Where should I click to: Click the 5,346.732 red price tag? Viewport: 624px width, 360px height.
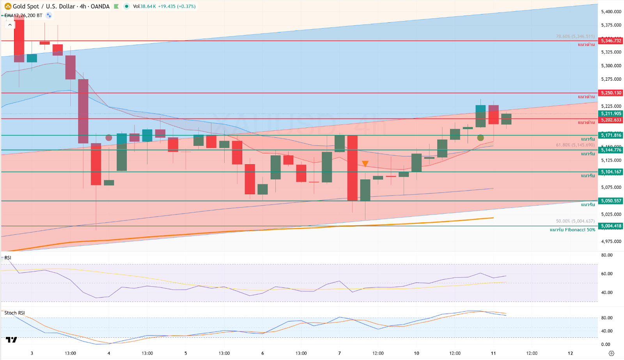[x=611, y=41]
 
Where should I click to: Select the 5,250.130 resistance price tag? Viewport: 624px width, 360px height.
[x=611, y=93]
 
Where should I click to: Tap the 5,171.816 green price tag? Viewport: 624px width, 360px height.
[x=611, y=135]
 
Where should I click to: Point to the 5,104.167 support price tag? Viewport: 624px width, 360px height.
[x=611, y=172]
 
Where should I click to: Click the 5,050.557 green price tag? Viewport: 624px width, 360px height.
[x=611, y=201]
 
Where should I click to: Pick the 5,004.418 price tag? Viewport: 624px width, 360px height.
[x=611, y=226]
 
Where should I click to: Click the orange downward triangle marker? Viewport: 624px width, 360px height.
[x=365, y=164]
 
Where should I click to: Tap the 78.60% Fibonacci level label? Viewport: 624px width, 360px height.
[x=575, y=36]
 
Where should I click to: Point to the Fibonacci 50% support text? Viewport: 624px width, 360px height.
[x=572, y=230]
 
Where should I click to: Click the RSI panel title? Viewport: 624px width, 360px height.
[x=8, y=258]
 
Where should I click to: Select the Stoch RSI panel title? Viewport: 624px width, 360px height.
[x=14, y=313]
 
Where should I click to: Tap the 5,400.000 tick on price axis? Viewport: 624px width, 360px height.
[x=611, y=12]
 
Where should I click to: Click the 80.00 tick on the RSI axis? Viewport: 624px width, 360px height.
[x=607, y=255]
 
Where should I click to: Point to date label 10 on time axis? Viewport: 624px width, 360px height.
[x=417, y=353]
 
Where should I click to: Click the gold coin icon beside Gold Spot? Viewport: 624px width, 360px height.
[x=8, y=6]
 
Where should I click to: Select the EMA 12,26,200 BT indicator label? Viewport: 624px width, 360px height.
[x=23, y=16]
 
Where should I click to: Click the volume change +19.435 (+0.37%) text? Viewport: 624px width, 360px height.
[x=177, y=6]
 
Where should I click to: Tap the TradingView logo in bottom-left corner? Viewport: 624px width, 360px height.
[x=12, y=340]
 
